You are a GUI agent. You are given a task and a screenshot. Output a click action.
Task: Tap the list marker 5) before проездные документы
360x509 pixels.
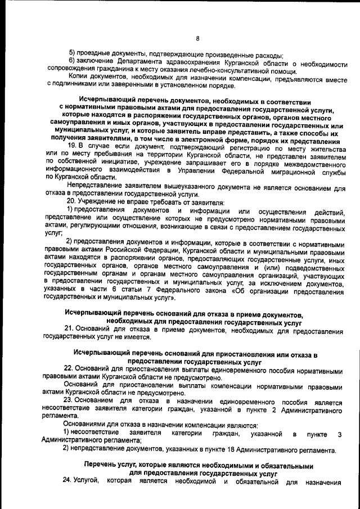(71, 54)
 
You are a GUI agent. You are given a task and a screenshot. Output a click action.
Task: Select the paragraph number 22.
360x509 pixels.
(71, 371)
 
